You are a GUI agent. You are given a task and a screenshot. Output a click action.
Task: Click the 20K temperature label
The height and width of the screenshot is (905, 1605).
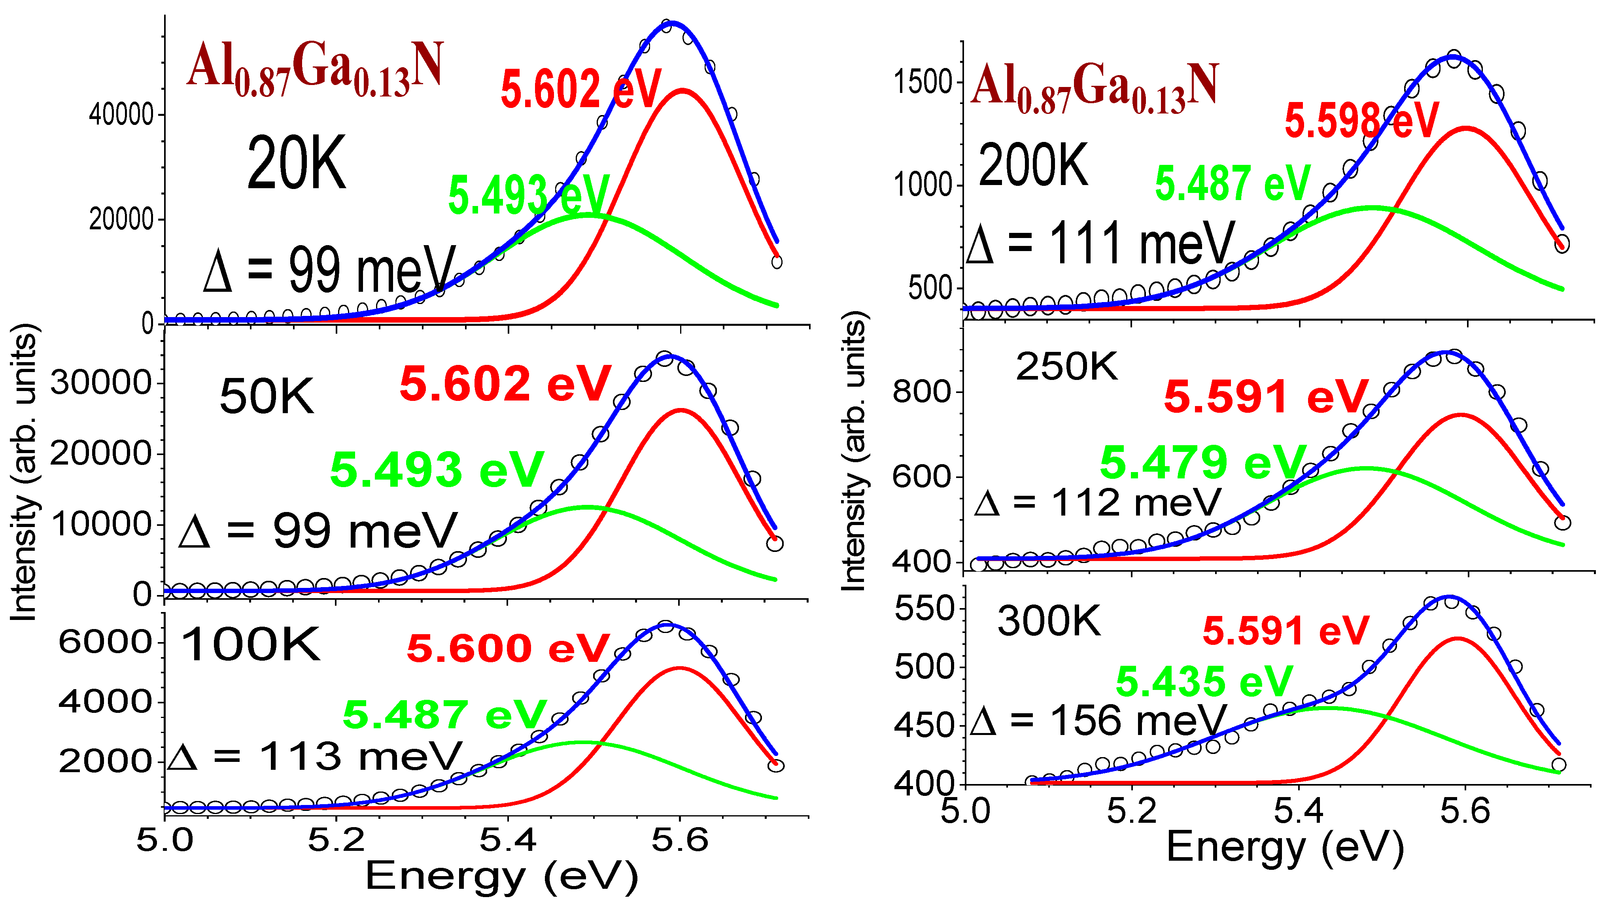click(296, 164)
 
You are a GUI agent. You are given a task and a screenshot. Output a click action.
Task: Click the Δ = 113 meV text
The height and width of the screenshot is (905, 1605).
click(315, 757)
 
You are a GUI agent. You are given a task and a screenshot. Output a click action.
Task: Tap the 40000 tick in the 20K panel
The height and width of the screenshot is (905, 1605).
click(121, 115)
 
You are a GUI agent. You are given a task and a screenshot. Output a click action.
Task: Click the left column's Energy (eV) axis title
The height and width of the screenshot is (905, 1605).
click(501, 877)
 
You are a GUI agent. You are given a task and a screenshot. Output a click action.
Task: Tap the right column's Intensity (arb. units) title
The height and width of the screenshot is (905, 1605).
click(854, 452)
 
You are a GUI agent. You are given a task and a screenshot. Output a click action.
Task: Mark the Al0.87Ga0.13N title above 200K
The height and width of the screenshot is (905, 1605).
click(1093, 87)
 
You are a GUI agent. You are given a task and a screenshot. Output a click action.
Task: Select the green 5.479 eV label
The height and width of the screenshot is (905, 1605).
click(1202, 463)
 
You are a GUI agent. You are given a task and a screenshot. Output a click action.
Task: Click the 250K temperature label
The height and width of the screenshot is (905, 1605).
click(1067, 366)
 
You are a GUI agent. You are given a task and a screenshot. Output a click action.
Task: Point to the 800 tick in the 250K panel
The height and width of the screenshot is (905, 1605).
click(921, 392)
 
